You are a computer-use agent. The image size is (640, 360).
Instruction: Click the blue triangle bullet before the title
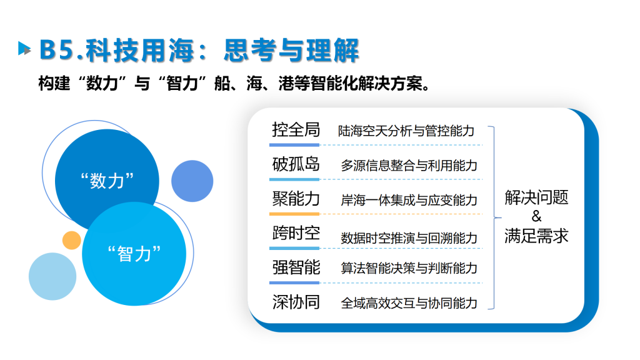(24, 49)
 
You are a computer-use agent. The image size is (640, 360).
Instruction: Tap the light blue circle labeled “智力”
(134, 254)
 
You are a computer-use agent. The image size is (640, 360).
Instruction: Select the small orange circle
(71, 240)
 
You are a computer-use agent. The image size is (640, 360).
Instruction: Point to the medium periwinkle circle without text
(192, 181)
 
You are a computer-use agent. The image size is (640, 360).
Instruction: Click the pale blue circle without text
(52, 276)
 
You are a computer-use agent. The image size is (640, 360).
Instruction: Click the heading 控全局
(296, 130)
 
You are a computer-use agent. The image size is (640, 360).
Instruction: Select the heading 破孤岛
(296, 164)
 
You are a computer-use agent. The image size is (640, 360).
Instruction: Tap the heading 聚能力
(296, 199)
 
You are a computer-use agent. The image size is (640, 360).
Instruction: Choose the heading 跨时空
(296, 233)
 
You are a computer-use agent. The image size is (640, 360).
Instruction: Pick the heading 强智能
(296, 267)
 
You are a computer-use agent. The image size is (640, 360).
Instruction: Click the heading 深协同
(296, 302)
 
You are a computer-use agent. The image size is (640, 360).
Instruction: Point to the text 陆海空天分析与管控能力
(406, 131)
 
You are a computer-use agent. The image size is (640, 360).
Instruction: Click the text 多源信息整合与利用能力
(409, 165)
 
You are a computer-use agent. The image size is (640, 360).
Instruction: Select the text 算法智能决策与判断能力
(409, 268)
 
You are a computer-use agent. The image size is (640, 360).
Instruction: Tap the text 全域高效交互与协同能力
(409, 303)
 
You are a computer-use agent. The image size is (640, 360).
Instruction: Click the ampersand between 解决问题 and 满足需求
(536, 216)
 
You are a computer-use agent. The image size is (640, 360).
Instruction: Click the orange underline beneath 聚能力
(294, 214)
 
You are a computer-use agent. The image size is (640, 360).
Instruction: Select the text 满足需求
(536, 236)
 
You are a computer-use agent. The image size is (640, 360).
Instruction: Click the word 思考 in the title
(250, 51)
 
